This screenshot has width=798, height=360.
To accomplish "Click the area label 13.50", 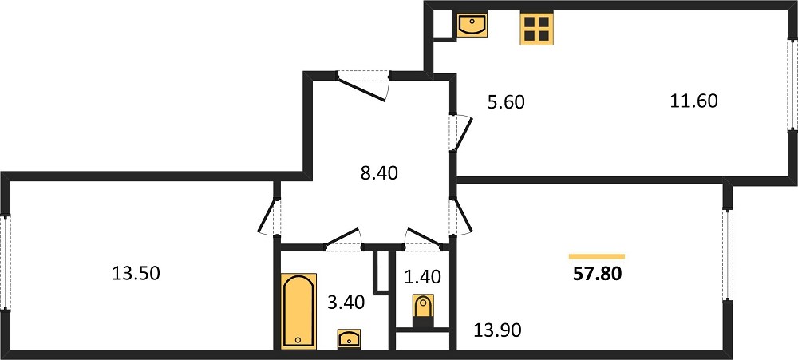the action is coord(136,274).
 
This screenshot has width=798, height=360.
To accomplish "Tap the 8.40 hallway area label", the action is coord(377,173).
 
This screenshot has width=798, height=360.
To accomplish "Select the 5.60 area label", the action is coord(505,102).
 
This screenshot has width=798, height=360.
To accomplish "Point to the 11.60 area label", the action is coord(693,101).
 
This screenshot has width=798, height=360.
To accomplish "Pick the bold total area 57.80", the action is coord(598,275).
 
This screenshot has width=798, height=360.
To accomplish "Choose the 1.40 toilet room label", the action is coord(422,277).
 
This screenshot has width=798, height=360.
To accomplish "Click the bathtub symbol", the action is coord(298,311).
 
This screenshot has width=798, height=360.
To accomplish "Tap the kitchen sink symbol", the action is coord(472,25).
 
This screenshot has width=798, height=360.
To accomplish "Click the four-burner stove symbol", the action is coord(536,29).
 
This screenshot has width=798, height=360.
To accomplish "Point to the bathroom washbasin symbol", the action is coord(350,338).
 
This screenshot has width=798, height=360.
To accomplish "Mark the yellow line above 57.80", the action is coord(597,256).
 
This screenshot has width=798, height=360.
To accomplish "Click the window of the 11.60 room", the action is coord(792,83).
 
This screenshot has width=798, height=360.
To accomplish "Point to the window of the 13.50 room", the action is coord(5,263).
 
